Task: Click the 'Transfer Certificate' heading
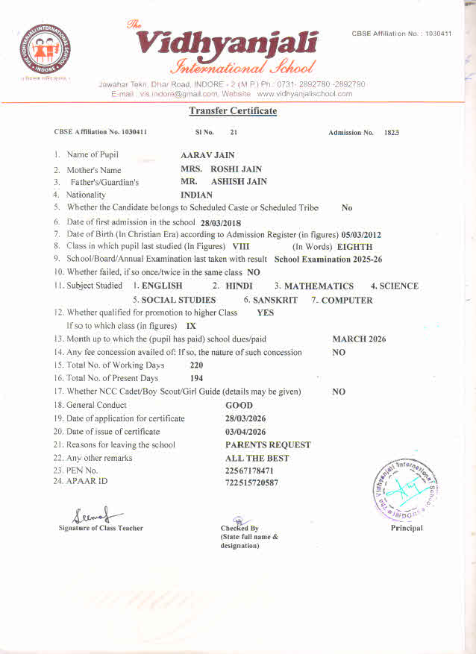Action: coord(233,111)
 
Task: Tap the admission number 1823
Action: coord(392,132)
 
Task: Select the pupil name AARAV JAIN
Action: coord(207,155)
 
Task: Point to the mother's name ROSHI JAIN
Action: coord(231,169)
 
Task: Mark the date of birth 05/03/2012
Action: coord(361,235)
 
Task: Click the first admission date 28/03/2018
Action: coord(221,222)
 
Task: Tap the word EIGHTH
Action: coord(354,247)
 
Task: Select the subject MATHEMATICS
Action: coord(319,286)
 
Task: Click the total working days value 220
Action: coord(197,365)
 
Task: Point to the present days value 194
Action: coord(197,379)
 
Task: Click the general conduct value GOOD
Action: coord(239,406)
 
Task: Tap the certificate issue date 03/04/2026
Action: coord(245,432)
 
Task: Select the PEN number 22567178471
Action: coord(249,471)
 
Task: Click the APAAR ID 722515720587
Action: coord(251,483)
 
